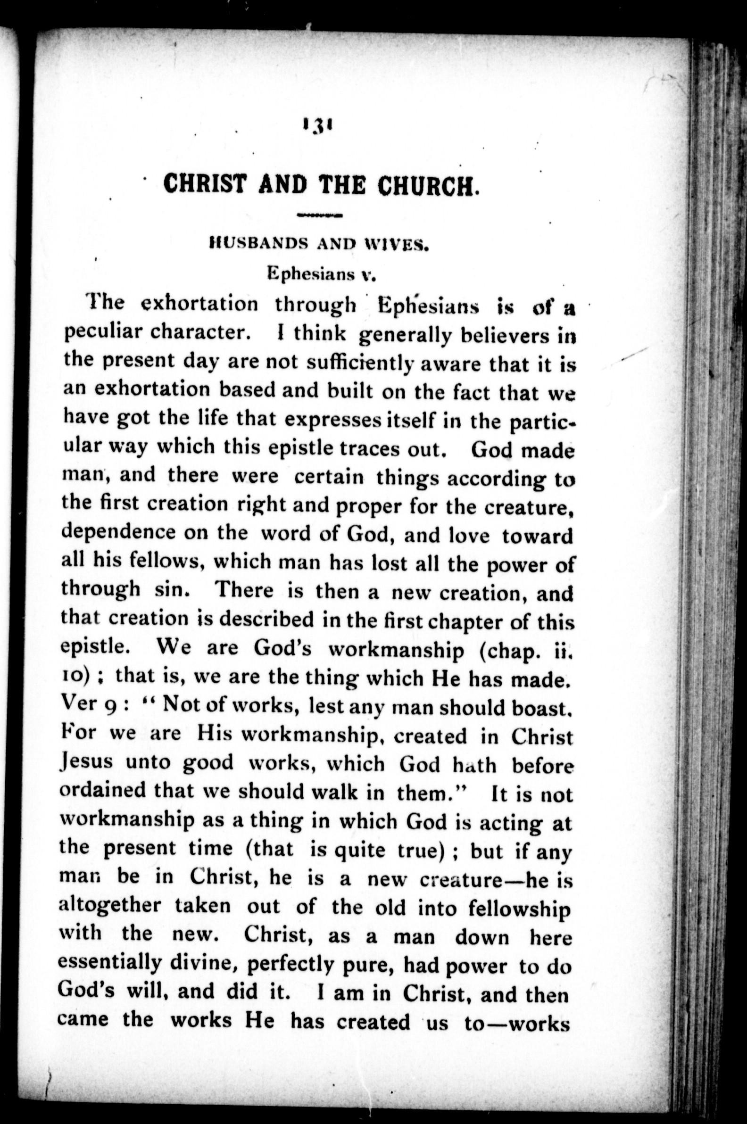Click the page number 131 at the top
tap(316, 127)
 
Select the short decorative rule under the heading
tap(319, 215)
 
